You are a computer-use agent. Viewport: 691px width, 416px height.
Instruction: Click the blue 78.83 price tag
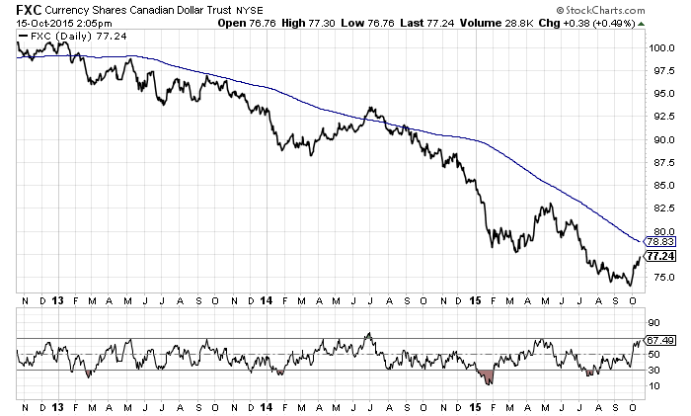659,241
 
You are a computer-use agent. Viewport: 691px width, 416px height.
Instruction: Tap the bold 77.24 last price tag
659,256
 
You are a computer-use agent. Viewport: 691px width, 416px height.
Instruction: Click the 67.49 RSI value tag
659,340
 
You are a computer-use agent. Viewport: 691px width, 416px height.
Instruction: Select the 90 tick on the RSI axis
653,322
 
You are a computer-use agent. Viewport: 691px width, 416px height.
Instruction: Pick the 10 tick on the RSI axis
653,386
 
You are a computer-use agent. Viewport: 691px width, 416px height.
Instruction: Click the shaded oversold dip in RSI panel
489,374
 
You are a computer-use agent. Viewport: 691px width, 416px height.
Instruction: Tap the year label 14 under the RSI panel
267,408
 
